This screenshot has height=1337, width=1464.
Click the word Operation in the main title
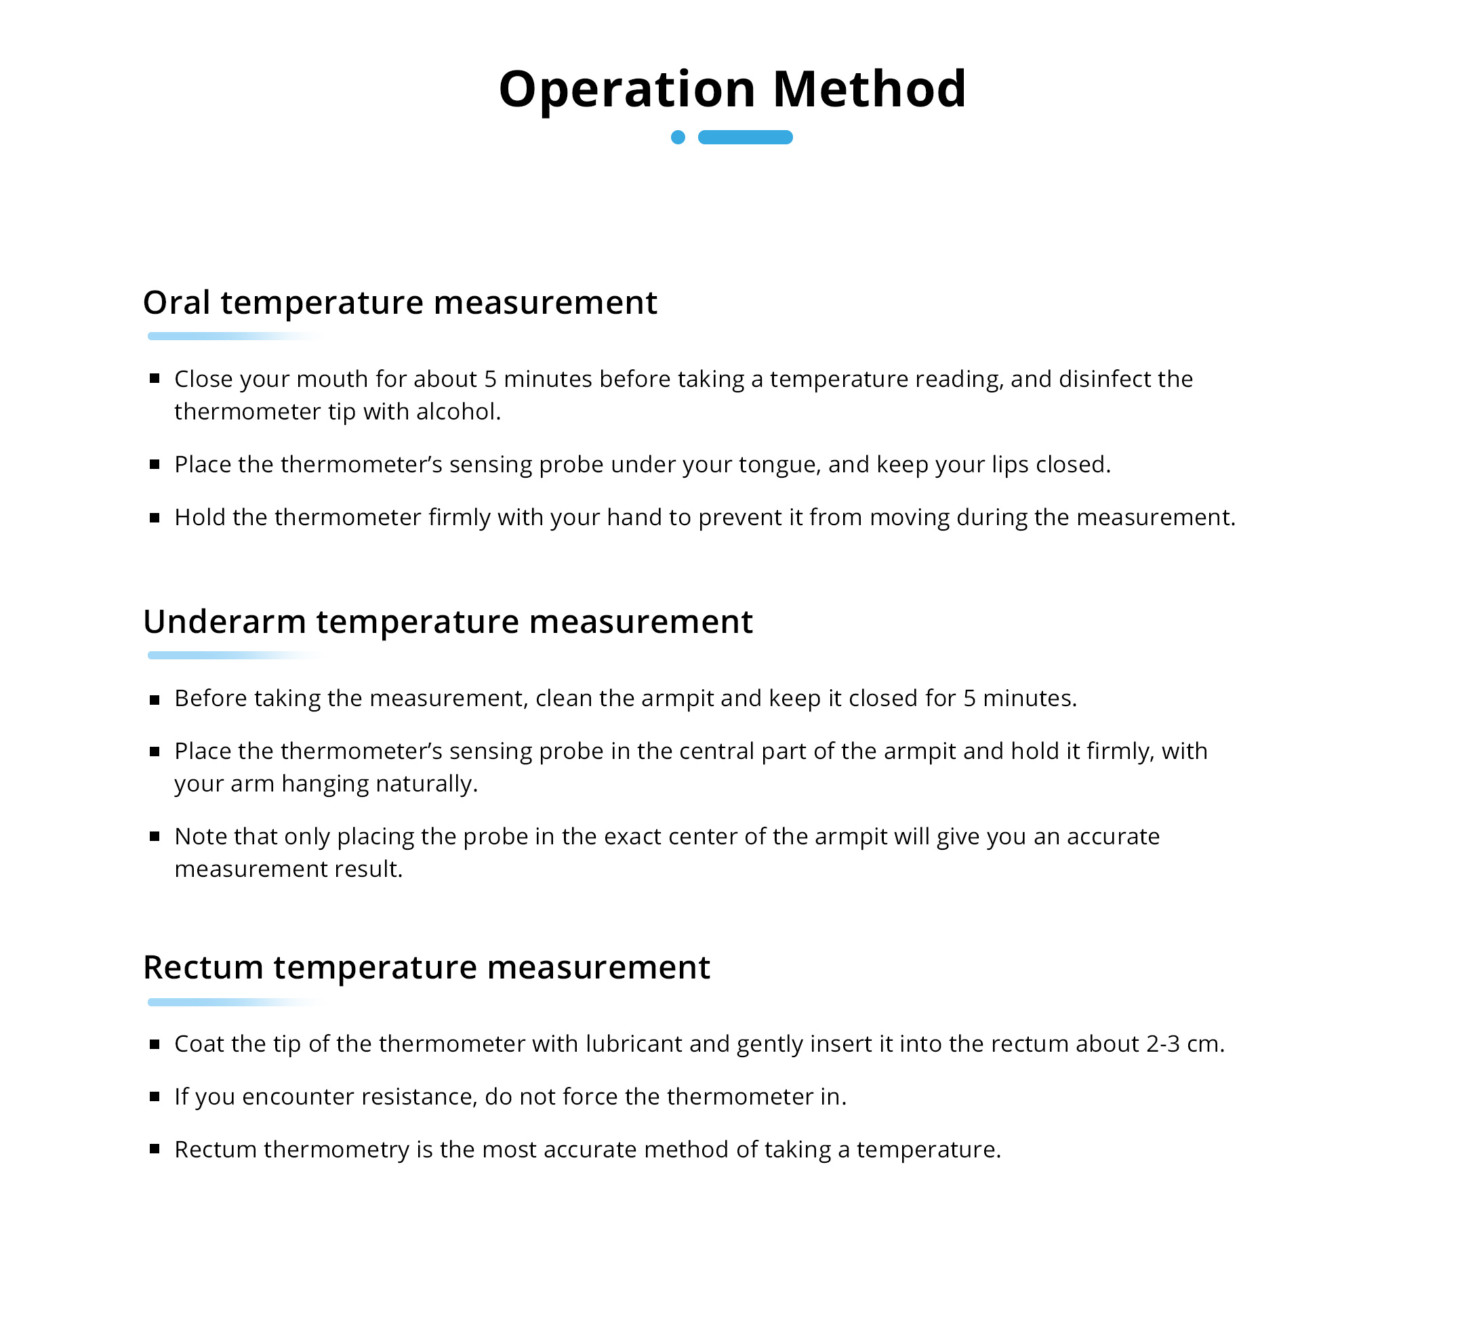pos(627,90)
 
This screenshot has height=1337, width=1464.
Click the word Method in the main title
pos(868,90)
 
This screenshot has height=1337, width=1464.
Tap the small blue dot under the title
pos(678,138)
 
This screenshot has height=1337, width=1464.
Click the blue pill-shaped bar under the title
pos(744,138)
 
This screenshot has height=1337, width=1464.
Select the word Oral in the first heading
pos(176,302)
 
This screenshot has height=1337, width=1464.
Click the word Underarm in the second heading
pos(224,621)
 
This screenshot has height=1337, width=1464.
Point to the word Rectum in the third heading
pos(203,968)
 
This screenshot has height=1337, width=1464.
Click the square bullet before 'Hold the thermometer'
pos(155,518)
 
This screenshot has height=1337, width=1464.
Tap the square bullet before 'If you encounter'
pos(155,1096)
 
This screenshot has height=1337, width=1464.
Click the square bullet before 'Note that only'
pos(155,837)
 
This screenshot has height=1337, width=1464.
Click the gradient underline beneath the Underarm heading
pos(218,655)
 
